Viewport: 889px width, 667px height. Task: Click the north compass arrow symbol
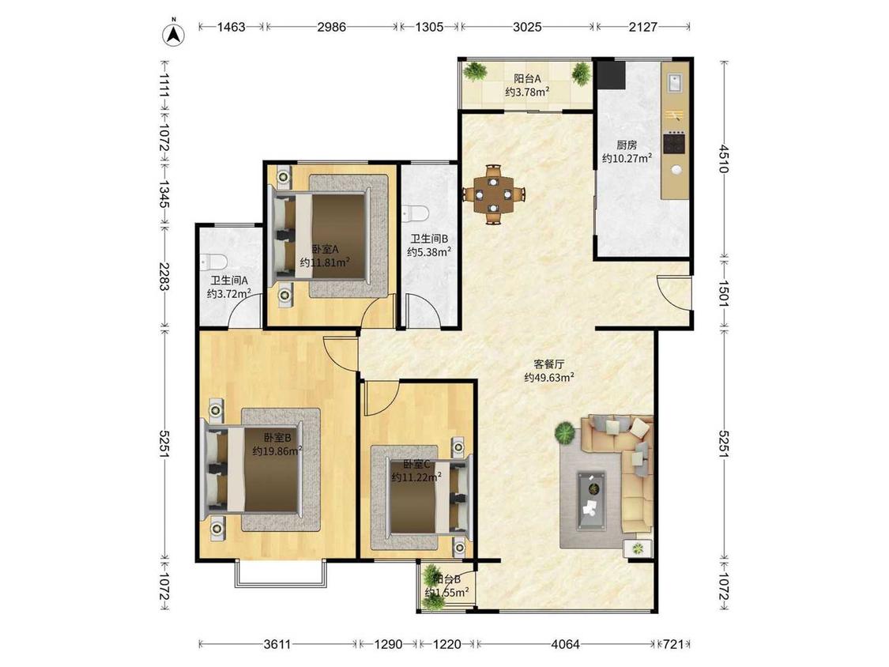174,34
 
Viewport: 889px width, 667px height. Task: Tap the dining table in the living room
494,194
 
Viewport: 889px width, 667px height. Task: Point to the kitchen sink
675,83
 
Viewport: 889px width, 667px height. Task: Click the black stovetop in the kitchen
674,143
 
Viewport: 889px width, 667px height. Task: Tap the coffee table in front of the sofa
591,501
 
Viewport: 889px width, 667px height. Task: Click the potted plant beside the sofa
565,433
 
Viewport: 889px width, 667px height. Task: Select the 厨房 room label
627,145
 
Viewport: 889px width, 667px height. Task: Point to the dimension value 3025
527,27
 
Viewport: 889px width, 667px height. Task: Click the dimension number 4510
723,159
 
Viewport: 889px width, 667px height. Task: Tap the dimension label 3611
277,644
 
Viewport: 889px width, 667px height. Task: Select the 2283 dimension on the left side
164,277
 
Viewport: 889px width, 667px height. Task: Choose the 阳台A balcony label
527,78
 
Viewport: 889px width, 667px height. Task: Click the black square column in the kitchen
612,75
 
